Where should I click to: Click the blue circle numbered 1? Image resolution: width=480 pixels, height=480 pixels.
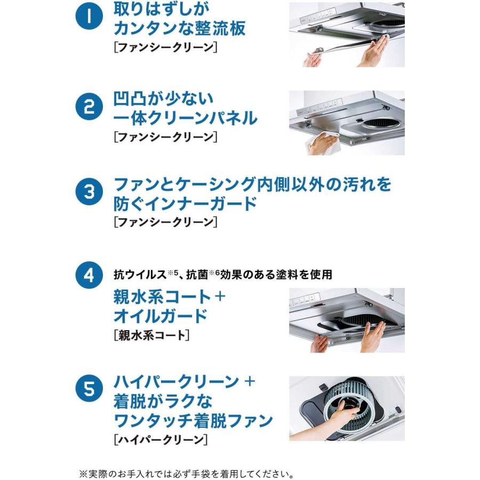(89, 16)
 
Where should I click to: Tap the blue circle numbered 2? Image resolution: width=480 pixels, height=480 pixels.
(89, 107)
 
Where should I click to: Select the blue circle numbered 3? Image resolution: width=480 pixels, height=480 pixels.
(89, 192)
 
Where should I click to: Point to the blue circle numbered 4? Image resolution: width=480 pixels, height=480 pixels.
(89, 275)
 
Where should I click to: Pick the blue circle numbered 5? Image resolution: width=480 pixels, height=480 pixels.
(89, 389)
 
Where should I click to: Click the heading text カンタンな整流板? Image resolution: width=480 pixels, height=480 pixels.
(180, 28)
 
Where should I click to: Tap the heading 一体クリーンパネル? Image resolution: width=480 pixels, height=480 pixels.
(185, 118)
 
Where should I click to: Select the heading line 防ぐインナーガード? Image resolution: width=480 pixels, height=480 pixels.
(185, 204)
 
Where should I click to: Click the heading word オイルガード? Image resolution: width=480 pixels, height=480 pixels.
(161, 316)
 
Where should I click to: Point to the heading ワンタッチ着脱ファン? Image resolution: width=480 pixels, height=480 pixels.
(193, 421)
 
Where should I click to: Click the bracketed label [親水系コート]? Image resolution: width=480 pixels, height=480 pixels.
(151, 335)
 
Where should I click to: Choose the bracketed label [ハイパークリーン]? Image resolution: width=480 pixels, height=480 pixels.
(161, 439)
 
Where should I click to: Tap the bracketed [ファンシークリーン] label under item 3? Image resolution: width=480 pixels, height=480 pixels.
(166, 222)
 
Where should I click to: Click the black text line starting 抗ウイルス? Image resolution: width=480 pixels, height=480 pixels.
(223, 274)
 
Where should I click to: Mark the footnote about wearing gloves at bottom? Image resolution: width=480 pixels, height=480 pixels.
(187, 474)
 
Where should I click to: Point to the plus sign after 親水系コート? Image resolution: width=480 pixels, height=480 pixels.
(220, 296)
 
